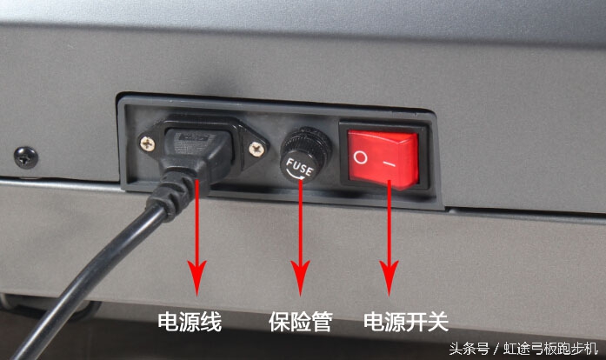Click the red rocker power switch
383,159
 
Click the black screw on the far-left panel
26,157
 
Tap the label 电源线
190,323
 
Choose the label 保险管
300,323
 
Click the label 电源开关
405,323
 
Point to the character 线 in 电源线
211,323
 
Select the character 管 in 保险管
322,323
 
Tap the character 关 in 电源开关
437,323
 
